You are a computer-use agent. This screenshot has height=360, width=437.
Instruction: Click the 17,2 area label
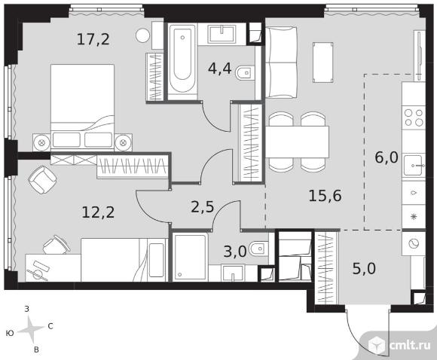93,39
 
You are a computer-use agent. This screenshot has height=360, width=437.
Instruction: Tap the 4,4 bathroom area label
219,69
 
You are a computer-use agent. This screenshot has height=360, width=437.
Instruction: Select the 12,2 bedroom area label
98,212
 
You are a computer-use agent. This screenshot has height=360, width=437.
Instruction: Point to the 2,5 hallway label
203,207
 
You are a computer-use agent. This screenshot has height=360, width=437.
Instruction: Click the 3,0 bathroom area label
235,252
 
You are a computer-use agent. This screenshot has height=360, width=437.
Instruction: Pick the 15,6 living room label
325,196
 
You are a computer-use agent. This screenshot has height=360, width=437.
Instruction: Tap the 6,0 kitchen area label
387,157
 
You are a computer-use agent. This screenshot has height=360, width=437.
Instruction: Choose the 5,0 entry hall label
364,269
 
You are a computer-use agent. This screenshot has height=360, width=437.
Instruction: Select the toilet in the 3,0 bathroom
259,249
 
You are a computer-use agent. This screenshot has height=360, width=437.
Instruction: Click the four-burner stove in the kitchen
414,117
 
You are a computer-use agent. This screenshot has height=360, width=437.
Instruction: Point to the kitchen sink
414,166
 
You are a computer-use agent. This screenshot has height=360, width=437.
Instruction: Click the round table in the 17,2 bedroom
142,35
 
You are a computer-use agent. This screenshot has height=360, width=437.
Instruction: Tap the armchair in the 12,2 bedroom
43,180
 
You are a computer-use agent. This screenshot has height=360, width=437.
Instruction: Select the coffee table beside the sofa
323,63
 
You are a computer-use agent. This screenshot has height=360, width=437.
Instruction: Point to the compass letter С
50,326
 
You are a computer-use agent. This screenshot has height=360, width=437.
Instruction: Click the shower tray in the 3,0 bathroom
190,257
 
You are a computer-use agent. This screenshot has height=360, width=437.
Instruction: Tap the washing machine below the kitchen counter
414,244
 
